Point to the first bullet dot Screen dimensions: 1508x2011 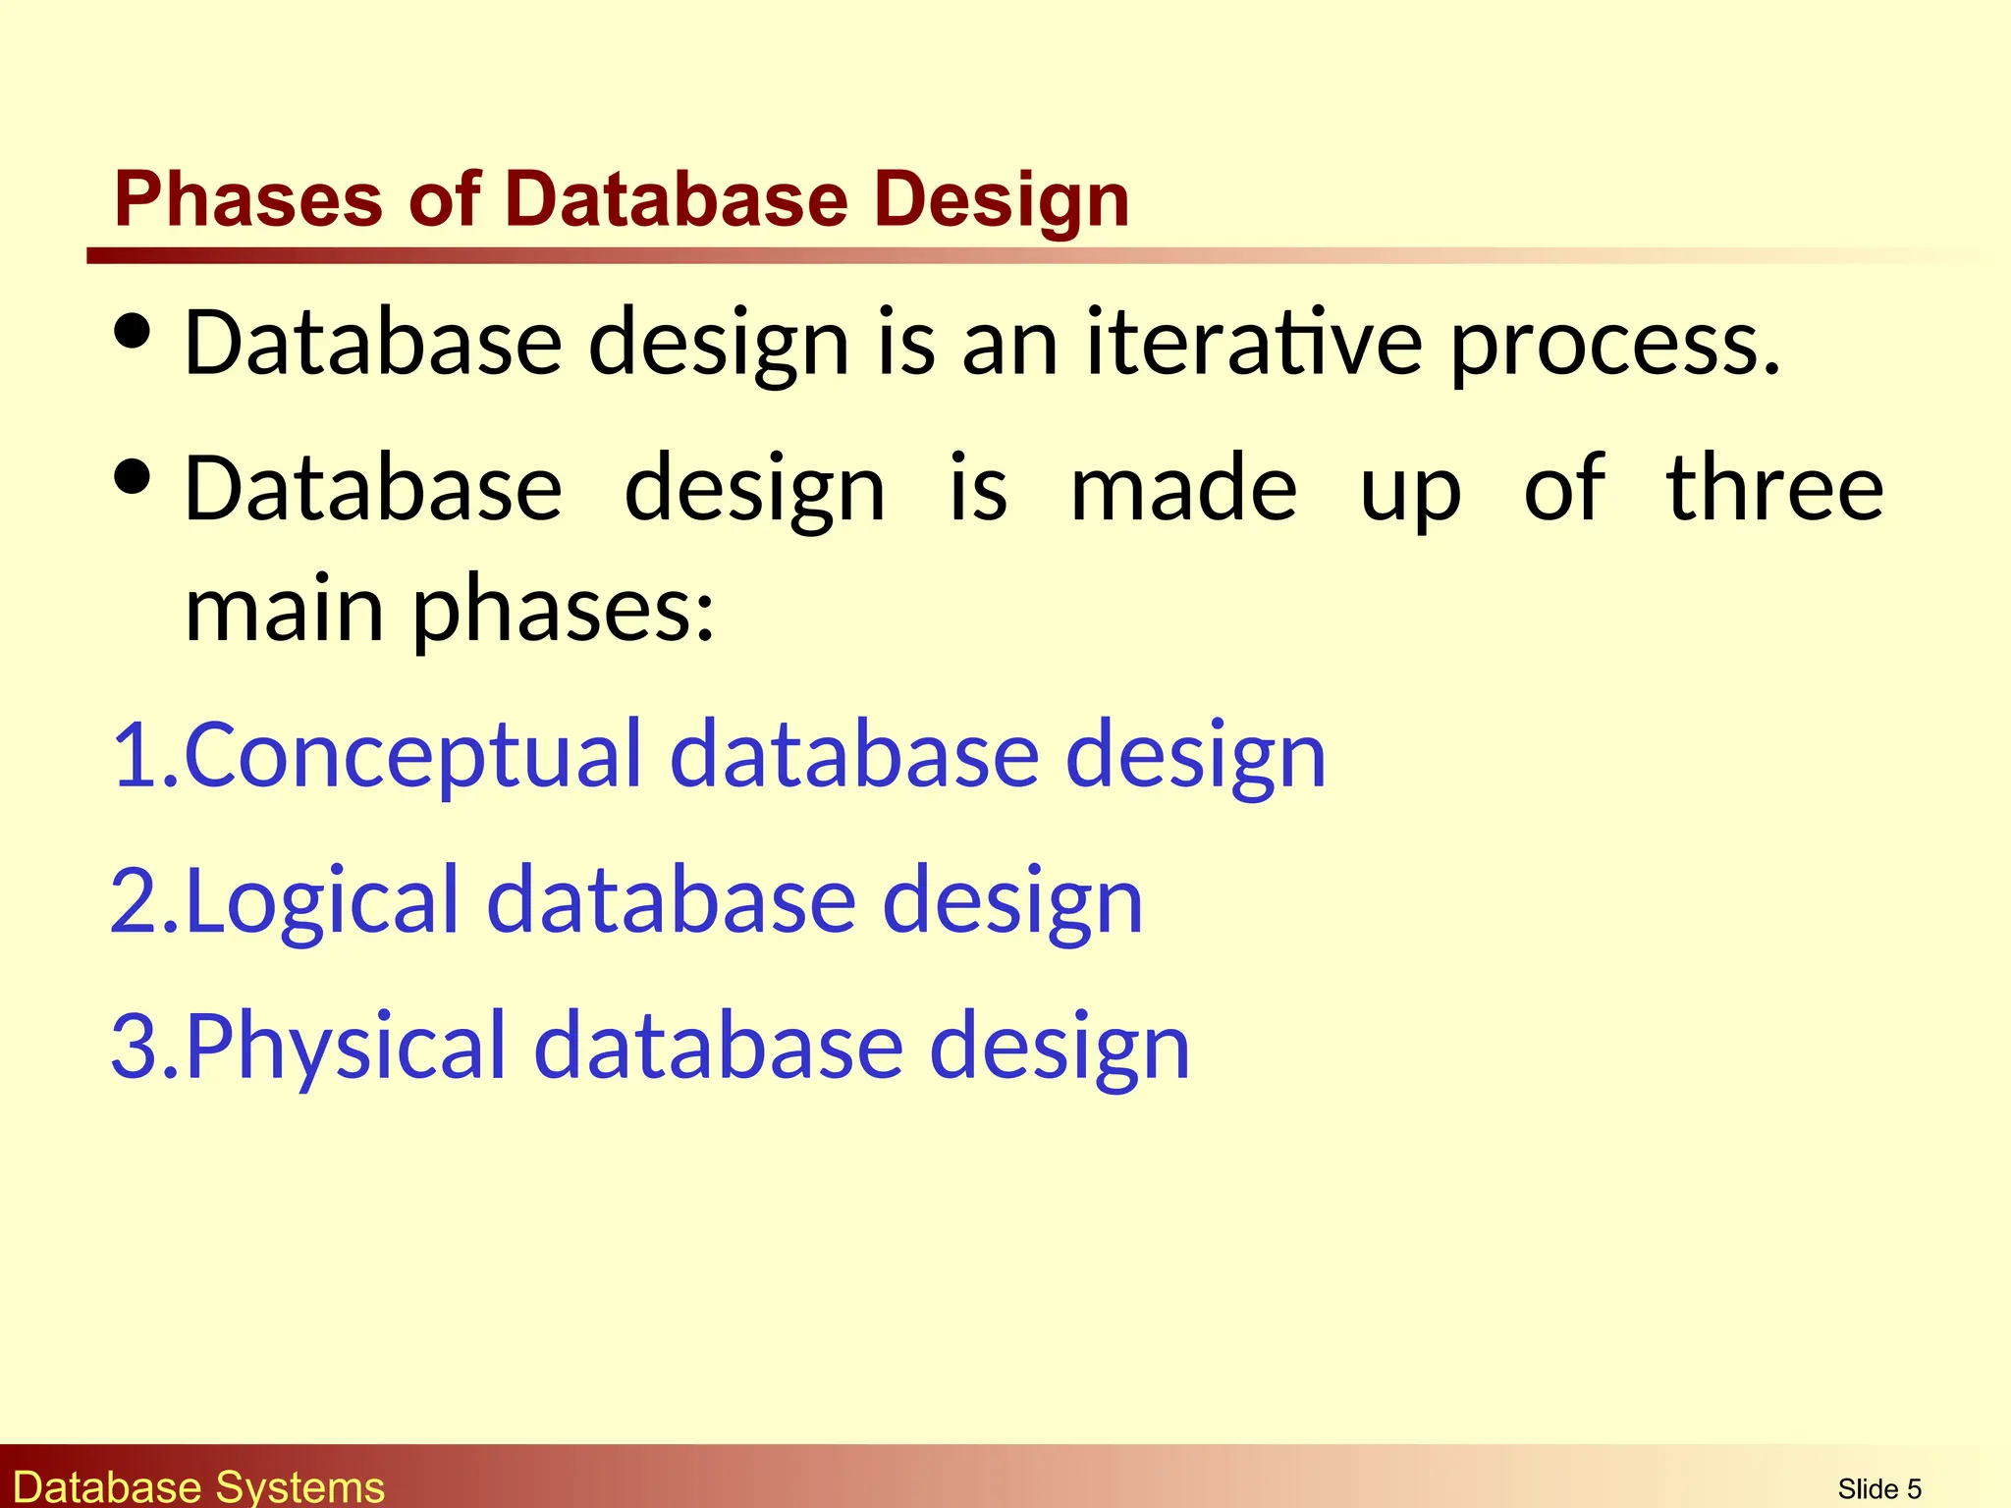pos(133,332)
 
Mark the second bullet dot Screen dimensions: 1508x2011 pos(133,478)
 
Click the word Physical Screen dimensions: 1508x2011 pos(346,1047)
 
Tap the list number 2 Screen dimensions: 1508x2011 pos(135,899)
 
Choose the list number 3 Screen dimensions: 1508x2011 pos(135,1046)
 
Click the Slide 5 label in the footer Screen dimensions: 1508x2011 pos(1878,1488)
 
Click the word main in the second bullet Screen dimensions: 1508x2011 pos(284,610)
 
